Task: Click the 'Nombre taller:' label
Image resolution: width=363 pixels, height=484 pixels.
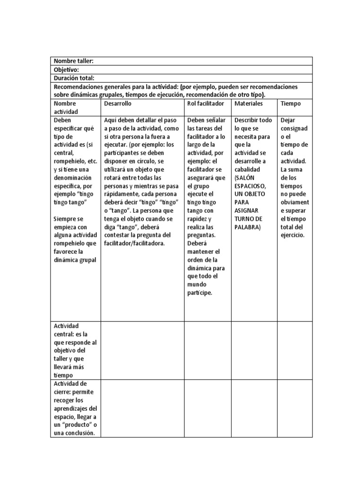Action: pos(73,61)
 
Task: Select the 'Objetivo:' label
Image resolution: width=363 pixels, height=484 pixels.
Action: pos(66,69)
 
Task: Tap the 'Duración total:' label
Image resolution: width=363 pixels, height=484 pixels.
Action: pos(74,78)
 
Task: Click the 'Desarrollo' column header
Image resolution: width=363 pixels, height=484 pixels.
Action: pos(118,103)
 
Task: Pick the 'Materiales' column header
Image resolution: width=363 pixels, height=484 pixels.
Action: pos(248,103)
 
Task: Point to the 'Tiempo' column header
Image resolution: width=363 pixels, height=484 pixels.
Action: pos(290,103)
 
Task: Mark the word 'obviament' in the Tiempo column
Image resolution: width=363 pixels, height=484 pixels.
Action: pos(294,202)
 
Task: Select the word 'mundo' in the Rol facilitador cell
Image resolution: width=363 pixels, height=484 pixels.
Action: pos(197,285)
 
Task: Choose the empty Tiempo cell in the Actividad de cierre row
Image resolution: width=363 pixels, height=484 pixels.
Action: pos(295,408)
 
